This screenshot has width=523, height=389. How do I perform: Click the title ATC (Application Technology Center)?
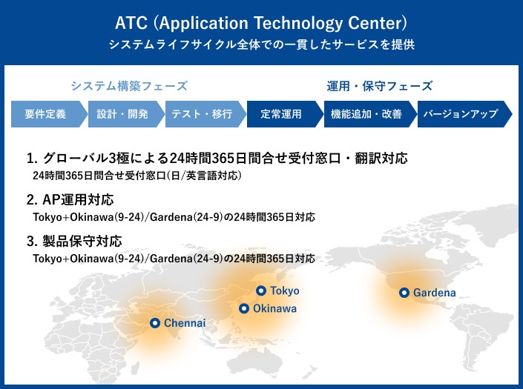[261, 19]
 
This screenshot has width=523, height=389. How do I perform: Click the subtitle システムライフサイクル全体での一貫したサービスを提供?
[261, 44]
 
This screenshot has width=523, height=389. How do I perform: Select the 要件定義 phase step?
[45, 114]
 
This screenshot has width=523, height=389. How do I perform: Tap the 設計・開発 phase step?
[123, 114]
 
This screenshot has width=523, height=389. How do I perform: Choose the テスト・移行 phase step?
[202, 114]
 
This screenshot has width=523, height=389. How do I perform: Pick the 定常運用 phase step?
[281, 114]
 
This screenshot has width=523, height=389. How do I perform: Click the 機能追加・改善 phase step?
[364, 114]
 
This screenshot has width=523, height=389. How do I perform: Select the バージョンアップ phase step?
[460, 114]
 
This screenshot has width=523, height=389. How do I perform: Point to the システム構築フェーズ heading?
[129, 86]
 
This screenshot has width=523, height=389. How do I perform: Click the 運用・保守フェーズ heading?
[380, 86]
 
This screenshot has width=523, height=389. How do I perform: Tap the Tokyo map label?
[285, 290]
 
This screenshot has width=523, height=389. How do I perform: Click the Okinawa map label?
[274, 308]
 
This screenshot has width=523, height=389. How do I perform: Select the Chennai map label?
[185, 323]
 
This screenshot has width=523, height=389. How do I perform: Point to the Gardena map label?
[435, 293]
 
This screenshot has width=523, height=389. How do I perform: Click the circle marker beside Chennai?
[155, 322]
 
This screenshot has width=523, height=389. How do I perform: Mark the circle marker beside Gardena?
[404, 293]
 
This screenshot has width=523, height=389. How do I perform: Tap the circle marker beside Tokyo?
[261, 290]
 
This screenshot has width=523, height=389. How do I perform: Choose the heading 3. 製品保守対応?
[74, 242]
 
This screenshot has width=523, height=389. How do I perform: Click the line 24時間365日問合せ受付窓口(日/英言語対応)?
[138, 176]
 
